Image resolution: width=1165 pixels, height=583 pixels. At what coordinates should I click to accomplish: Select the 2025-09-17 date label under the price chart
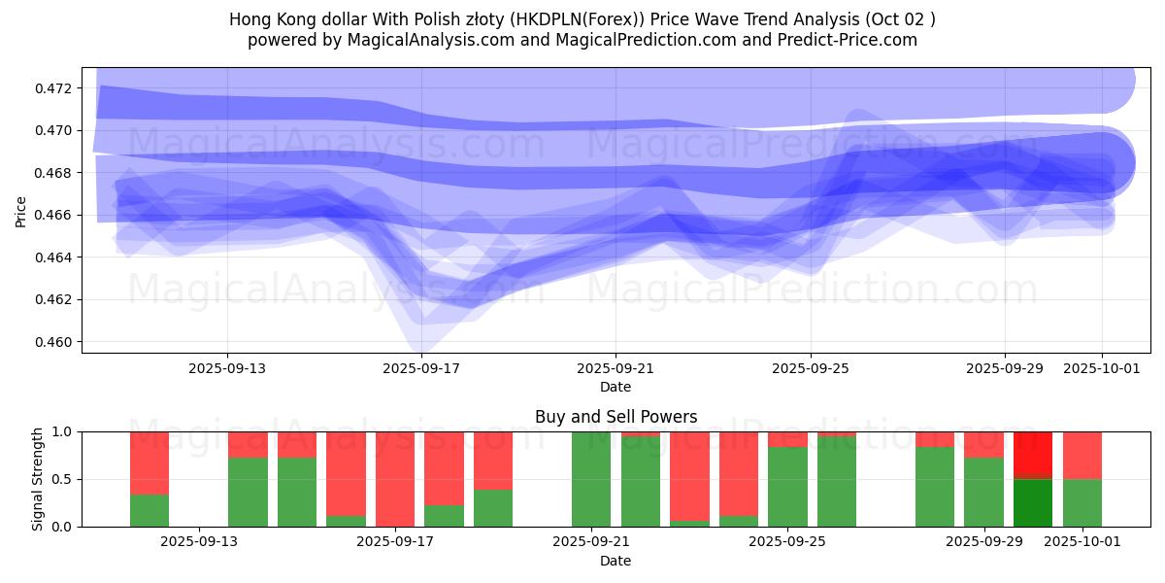[x=422, y=369]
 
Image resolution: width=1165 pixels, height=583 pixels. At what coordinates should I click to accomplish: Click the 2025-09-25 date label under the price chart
[x=811, y=369]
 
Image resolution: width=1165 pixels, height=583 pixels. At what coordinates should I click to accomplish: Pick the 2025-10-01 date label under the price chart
[x=1102, y=369]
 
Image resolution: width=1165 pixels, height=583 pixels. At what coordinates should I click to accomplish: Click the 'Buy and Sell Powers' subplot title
[x=616, y=417]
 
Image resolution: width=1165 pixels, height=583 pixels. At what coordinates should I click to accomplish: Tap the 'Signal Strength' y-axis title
[x=38, y=478]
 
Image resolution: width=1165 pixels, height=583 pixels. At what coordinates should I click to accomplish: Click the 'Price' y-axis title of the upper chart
[x=21, y=211]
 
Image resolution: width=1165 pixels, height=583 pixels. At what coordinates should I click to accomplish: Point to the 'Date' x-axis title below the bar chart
[x=616, y=561]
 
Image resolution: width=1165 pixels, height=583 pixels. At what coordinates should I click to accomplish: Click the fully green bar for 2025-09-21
[x=591, y=479]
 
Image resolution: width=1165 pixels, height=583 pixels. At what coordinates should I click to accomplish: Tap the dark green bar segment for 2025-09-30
[x=1033, y=502]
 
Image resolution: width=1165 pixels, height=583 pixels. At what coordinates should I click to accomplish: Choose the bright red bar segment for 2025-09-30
[x=1033, y=454]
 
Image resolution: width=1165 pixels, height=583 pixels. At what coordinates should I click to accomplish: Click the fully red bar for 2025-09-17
[x=395, y=479]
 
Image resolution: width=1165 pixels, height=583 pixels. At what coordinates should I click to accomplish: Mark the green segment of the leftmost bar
[x=150, y=510]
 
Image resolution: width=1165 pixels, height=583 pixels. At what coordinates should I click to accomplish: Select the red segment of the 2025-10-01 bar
[x=1082, y=455]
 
